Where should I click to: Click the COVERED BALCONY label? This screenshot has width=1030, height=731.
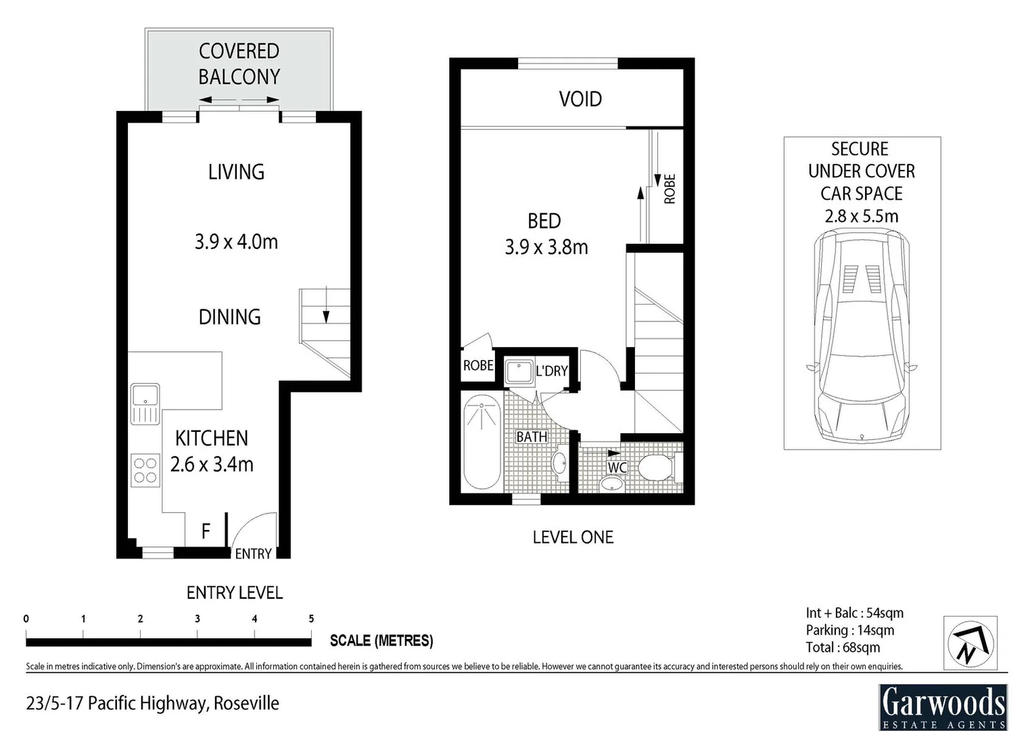click(239, 64)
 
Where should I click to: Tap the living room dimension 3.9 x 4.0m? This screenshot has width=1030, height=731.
click(236, 242)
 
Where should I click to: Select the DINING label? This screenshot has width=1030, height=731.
click(229, 317)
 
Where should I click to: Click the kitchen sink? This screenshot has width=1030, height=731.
click(145, 403)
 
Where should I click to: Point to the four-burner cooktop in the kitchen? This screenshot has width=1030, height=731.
click(145, 470)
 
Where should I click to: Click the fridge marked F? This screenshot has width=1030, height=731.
click(206, 531)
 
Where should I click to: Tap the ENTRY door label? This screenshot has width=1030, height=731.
click(253, 554)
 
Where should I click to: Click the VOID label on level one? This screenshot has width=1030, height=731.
click(580, 99)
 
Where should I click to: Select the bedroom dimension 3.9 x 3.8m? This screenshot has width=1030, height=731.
click(546, 247)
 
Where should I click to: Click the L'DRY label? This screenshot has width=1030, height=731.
click(551, 371)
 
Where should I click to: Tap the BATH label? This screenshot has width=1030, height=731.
click(532, 437)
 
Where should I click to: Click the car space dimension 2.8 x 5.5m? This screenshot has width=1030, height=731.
click(861, 217)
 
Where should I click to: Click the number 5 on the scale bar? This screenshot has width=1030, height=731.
click(311, 619)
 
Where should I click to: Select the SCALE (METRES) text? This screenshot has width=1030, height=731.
click(381, 640)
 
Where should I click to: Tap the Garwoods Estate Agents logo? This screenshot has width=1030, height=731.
click(943, 707)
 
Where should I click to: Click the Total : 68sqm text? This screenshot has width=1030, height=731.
click(843, 647)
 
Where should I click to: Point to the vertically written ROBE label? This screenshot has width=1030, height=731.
click(670, 189)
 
